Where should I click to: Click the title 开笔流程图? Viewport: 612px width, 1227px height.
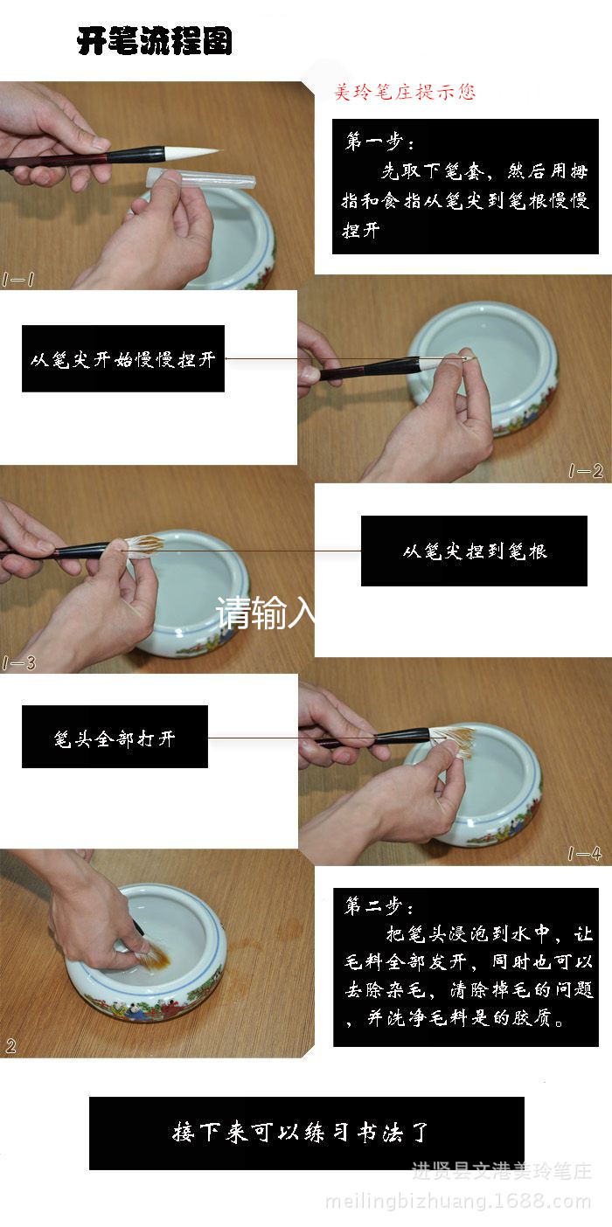pyautogui.click(x=155, y=40)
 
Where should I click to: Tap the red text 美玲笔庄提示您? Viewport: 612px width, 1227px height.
pyautogui.click(x=404, y=92)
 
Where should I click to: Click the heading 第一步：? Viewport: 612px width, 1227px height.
pyautogui.click(x=379, y=142)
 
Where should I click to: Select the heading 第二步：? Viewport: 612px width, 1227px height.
pyautogui.click(x=379, y=906)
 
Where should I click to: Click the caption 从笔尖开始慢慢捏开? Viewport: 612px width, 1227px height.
pyautogui.click(x=122, y=359)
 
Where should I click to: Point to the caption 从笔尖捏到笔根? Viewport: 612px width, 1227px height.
pyautogui.click(x=475, y=551)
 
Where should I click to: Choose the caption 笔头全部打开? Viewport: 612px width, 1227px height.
pyautogui.click(x=115, y=739)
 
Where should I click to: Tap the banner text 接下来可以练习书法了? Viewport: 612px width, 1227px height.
pyautogui.click(x=299, y=1133)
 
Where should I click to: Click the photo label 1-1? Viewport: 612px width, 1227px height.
pyautogui.click(x=18, y=280)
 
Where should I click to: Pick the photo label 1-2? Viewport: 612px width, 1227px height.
pyautogui.click(x=585, y=471)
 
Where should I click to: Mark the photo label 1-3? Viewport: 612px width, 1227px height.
pyautogui.click(x=18, y=663)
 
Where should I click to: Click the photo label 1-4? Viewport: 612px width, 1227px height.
pyautogui.click(x=585, y=854)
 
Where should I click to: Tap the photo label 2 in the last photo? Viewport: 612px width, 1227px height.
pyautogui.click(x=10, y=1046)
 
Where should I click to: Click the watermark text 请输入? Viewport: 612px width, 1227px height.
pyautogui.click(x=265, y=613)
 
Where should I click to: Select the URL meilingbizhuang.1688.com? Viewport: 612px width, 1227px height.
pyautogui.click(x=458, y=1202)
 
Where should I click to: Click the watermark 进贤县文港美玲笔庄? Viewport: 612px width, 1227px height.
pyautogui.click(x=501, y=1171)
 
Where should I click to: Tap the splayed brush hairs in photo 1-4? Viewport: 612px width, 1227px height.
pyautogui.click(x=451, y=741)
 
